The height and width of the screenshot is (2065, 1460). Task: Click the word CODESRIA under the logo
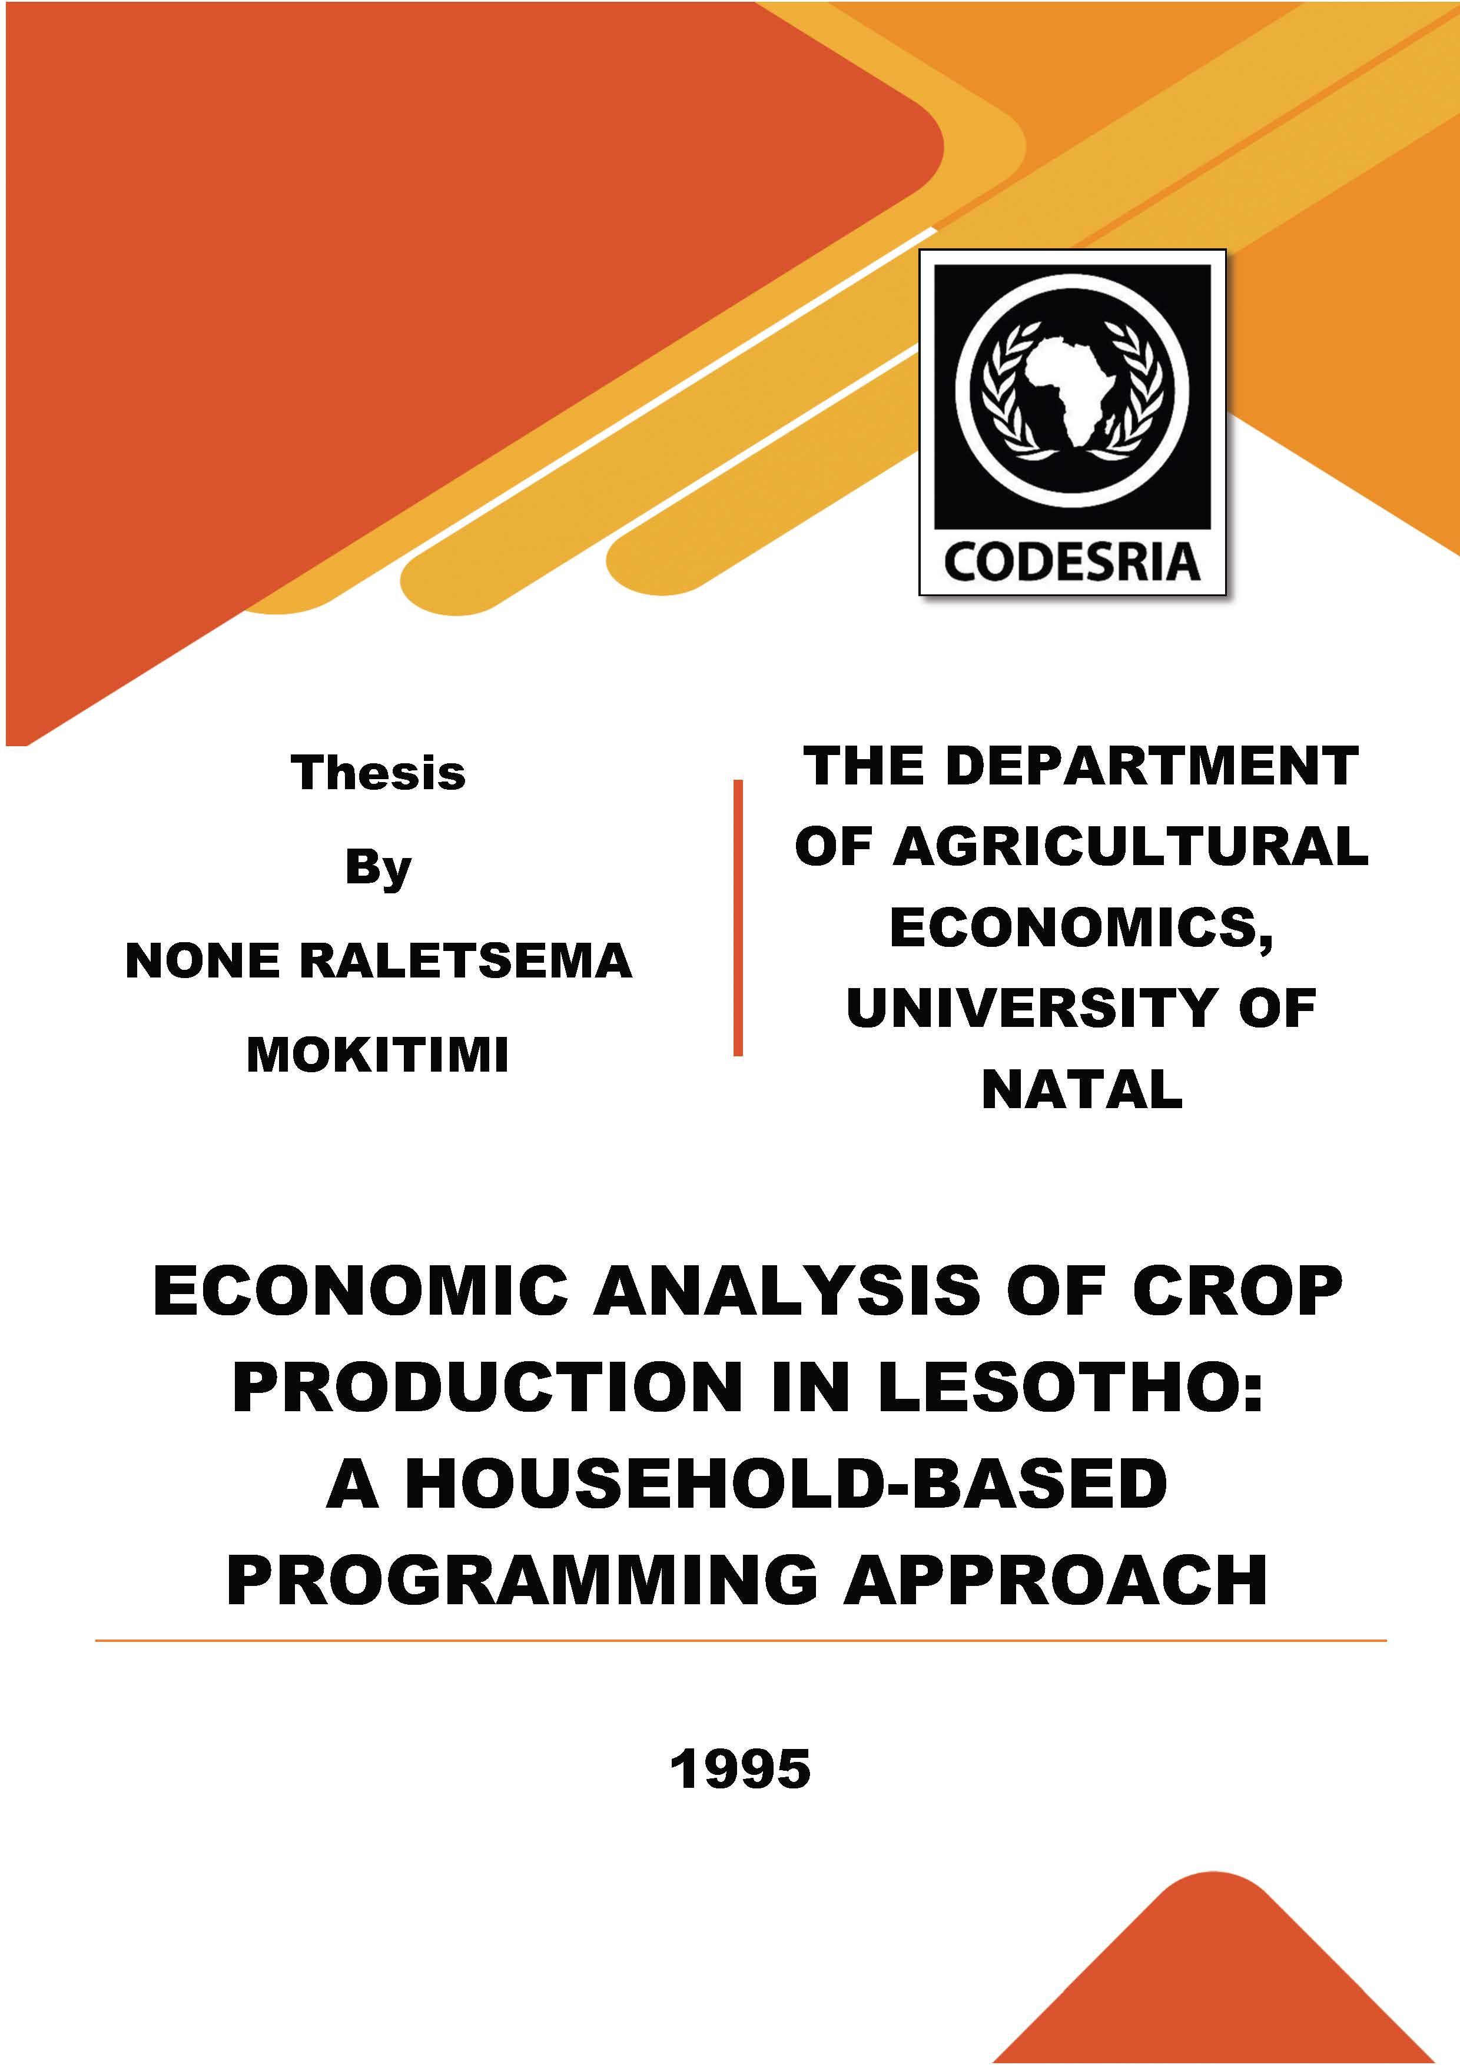pos(1072,561)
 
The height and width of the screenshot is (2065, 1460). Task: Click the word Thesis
pos(378,773)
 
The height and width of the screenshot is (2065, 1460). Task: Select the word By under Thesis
pos(378,869)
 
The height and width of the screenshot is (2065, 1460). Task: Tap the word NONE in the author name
pos(203,962)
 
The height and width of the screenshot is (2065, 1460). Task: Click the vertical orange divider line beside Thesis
pos(738,917)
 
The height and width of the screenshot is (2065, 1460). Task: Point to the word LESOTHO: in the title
pos(1071,1387)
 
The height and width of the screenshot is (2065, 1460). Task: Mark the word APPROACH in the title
pos(1055,1579)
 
